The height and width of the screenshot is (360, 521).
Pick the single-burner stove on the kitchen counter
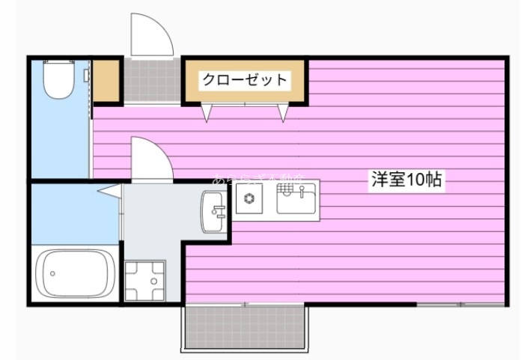pos(249,199)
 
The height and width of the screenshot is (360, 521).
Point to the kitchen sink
pos(297,200)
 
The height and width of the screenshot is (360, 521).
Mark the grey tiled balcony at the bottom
pos(243,327)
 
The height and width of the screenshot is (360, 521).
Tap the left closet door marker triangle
pos(206,113)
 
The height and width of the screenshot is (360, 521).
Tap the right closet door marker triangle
pos(283,113)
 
